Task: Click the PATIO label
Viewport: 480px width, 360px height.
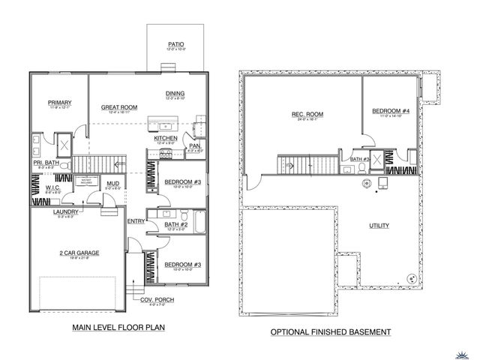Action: point(176,45)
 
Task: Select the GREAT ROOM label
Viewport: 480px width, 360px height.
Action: point(119,108)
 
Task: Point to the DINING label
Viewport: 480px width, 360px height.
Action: point(175,94)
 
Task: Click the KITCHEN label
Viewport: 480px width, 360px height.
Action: point(165,139)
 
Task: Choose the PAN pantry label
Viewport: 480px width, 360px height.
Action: point(193,145)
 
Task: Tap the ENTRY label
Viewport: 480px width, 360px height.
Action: point(136,221)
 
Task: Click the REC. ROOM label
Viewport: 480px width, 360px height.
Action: point(307,114)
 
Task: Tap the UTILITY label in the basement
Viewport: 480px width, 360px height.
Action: point(379,225)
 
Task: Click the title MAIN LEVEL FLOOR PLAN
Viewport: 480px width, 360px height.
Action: point(118,328)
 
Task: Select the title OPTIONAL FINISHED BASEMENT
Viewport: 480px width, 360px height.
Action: point(331,331)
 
